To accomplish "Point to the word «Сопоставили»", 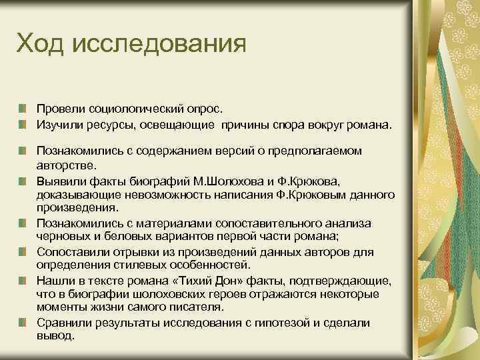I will pyautogui.click(x=71, y=252).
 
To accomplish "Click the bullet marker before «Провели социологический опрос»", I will pyautogui.click(x=23, y=108).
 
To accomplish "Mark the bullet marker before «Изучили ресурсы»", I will pyautogui.click(x=23, y=123).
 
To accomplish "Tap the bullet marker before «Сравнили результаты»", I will pyautogui.click(x=23, y=323).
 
